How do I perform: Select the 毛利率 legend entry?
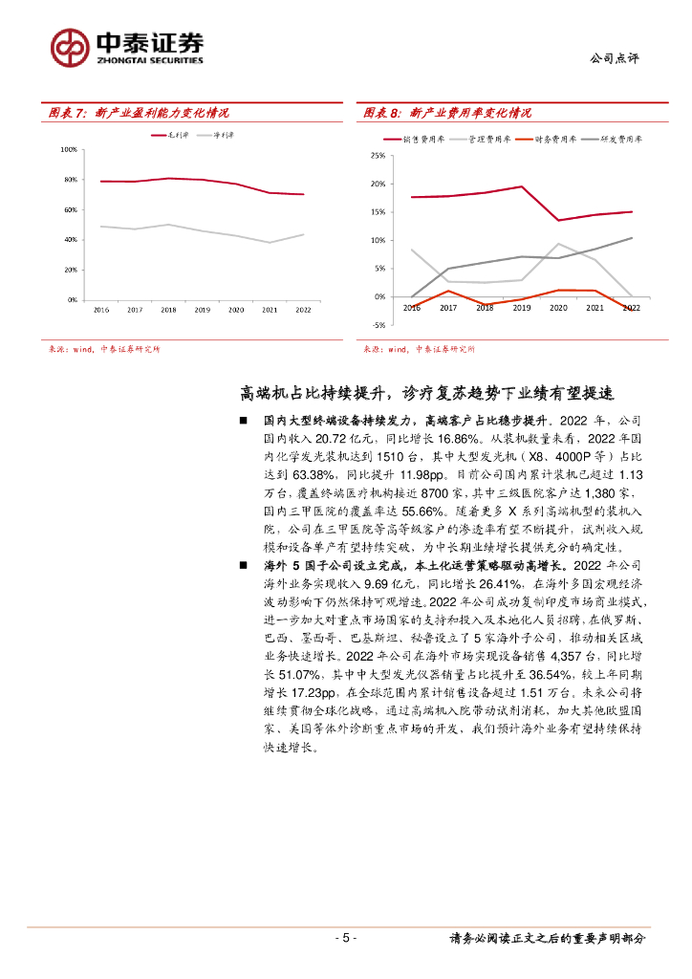click(172, 136)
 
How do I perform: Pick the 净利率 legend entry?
click(214, 136)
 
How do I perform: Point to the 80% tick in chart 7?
click(68, 180)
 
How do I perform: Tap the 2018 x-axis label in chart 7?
click(168, 310)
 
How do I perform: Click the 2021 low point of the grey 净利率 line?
click(270, 243)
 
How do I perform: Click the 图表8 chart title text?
click(447, 113)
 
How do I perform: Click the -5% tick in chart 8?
click(378, 325)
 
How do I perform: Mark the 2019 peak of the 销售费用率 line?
click(521, 186)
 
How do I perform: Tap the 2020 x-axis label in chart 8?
click(557, 309)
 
